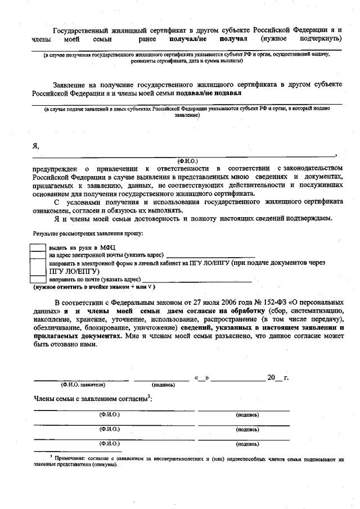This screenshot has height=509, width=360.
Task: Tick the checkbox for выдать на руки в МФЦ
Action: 38,247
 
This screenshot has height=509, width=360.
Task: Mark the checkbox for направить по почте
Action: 38,278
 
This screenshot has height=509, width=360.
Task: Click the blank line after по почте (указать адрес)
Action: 196,280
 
